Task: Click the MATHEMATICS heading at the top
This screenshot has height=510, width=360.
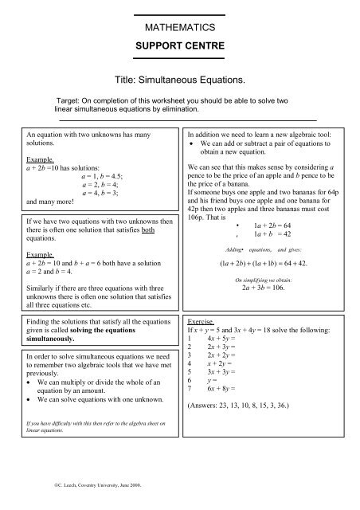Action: [x=179, y=29]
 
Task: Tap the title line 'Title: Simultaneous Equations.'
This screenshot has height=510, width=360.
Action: [x=179, y=82]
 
